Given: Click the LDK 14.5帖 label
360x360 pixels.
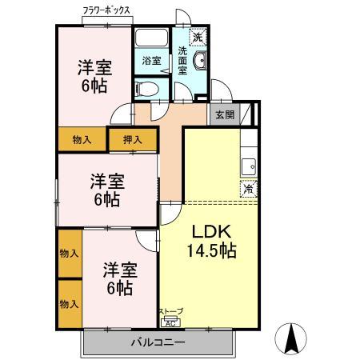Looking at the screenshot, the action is tap(211, 241).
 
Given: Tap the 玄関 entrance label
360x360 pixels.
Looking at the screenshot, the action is tap(225, 115).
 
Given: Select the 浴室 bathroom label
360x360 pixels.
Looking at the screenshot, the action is tap(151, 61).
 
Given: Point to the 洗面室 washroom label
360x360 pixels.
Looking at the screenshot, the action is tap(182, 61).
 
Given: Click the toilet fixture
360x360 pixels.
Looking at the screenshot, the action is tap(146, 89).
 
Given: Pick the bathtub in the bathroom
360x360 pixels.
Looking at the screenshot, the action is tap(151, 38).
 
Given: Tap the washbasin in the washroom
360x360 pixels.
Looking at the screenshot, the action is tap(201, 61).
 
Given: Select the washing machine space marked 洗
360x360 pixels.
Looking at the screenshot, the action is tap(198, 37).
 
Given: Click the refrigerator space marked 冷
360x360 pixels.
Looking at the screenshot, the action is tap(249, 189).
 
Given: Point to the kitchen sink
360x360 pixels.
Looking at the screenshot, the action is tap(248, 167).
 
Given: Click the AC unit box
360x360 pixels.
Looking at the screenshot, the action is tap(170, 323).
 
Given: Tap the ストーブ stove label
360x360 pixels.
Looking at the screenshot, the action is tap(171, 311).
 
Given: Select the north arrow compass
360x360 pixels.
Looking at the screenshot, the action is tap(290, 338).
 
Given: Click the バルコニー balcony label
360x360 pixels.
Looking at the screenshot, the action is tap(158, 342).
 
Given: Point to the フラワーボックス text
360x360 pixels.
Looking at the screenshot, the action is tap(106, 10).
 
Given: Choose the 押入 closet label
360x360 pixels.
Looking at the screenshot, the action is tap(133, 140).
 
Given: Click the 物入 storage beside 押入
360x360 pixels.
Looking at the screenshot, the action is tap(82, 140).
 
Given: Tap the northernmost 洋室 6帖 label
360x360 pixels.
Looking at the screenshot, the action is tap(94, 76).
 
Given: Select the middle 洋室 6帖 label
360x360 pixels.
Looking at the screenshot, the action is tap(107, 190).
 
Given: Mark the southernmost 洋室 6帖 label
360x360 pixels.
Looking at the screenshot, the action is tap(120, 278).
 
